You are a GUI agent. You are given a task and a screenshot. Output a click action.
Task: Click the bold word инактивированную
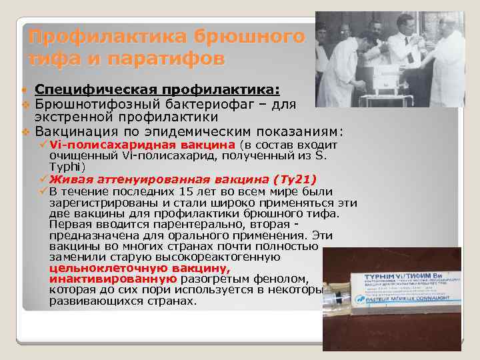[x=113, y=279]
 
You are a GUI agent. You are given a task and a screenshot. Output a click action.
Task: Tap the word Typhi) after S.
[x=67, y=165]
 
